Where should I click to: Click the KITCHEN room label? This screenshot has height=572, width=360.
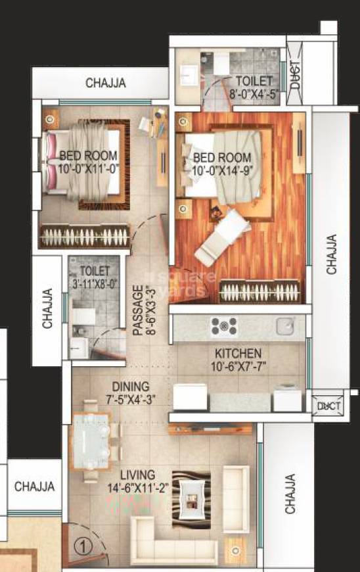[x=238, y=353]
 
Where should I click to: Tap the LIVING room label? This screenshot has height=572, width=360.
[x=138, y=474]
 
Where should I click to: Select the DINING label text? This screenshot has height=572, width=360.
[x=130, y=387]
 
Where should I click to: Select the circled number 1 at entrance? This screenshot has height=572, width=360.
[x=81, y=545]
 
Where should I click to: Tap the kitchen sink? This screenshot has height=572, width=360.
[x=285, y=325]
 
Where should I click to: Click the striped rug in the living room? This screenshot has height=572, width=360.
[x=191, y=498]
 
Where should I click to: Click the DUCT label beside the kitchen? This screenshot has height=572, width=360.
[x=326, y=406]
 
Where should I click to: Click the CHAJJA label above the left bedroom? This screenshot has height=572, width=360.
[x=106, y=83]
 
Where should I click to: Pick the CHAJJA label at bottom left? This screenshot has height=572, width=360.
[x=34, y=487]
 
